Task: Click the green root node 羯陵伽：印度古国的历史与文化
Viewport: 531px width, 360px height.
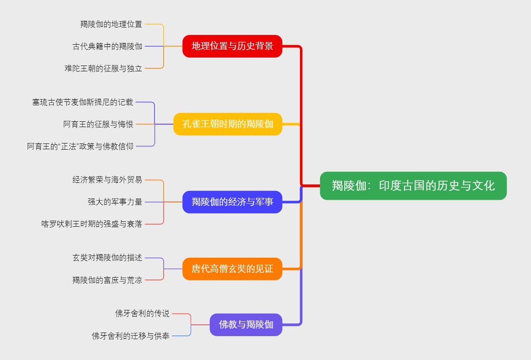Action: click(x=413, y=186)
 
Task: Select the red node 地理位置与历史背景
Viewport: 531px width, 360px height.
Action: click(x=232, y=46)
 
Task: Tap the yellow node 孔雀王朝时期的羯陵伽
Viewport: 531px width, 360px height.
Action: click(x=228, y=124)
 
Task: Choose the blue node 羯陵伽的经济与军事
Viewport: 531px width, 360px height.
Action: click(x=232, y=202)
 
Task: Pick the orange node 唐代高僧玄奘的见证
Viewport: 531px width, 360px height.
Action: click(x=232, y=269)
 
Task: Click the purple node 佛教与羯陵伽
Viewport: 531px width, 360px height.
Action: click(x=246, y=325)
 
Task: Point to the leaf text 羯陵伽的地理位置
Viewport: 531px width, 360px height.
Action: click(x=111, y=24)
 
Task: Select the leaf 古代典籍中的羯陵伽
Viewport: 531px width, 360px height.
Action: click(x=108, y=46)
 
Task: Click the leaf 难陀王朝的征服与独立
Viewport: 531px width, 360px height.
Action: click(x=103, y=68)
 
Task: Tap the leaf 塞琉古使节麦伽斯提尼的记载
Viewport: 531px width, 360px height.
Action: click(x=83, y=102)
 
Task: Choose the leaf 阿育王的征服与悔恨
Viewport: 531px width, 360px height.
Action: click(x=98, y=124)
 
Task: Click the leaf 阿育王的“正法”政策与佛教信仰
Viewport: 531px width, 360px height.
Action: click(x=80, y=146)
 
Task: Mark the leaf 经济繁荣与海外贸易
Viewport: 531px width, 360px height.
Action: click(x=108, y=180)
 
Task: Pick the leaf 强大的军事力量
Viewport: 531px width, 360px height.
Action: click(x=115, y=202)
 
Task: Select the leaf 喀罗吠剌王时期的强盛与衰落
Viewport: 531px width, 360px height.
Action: click(x=92, y=224)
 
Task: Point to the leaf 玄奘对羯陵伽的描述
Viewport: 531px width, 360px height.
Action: click(x=108, y=258)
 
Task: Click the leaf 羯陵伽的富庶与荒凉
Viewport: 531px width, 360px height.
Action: click(x=108, y=280)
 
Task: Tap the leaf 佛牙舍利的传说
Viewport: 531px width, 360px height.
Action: click(x=142, y=314)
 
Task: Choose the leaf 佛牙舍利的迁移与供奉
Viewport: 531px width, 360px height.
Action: click(x=131, y=336)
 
